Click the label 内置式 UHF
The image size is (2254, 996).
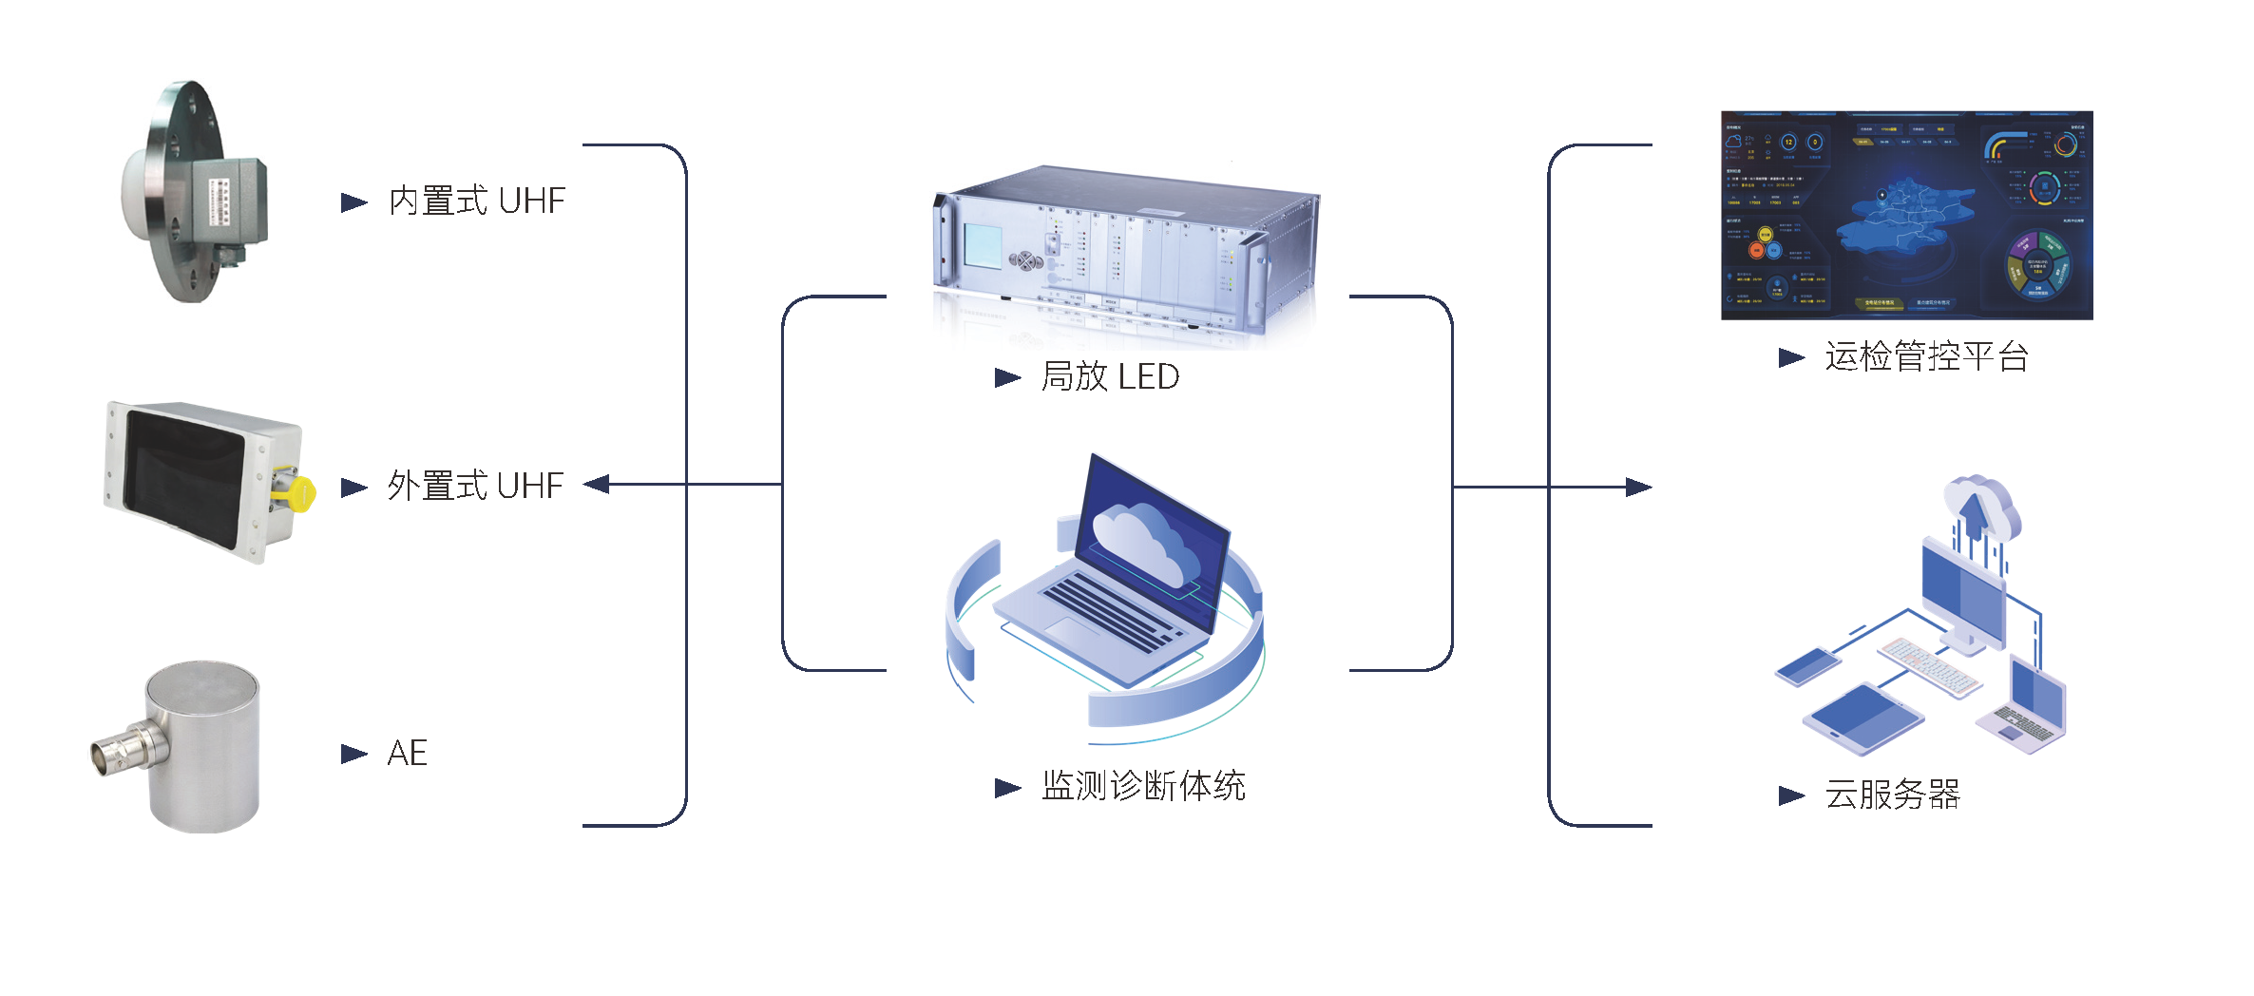pos(477,201)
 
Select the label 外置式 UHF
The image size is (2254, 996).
pos(475,487)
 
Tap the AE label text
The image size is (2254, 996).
pos(407,754)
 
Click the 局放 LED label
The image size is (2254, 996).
pos(1110,377)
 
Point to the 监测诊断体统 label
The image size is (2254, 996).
pos(1143,787)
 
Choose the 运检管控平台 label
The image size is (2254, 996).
pos(1926,357)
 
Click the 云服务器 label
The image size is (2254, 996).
pos(1892,795)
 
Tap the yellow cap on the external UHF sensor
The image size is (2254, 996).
pos(300,493)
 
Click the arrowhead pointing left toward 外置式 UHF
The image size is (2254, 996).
pos(597,485)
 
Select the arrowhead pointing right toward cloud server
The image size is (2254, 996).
pos(1638,488)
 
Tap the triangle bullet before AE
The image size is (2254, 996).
pos(353,755)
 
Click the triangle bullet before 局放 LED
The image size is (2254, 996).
pos(1006,378)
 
